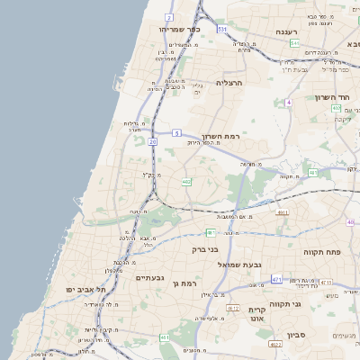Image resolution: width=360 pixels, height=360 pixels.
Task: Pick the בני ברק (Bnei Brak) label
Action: [x=205, y=248]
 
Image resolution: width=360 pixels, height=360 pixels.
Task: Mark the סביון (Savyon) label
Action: [x=299, y=335]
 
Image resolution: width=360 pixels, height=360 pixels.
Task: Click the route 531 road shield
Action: [x=221, y=29]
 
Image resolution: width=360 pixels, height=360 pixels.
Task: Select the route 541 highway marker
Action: [x=294, y=42]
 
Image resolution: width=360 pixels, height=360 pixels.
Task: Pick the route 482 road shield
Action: [x=186, y=182]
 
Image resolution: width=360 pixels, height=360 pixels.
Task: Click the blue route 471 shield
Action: [x=276, y=280]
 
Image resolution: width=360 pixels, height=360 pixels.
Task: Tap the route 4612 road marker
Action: [x=232, y=308]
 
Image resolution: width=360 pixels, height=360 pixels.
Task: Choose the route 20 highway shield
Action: [x=153, y=141]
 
